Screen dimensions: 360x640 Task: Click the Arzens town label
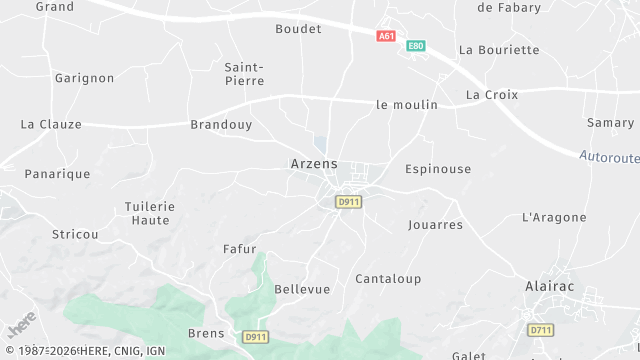click(x=313, y=163)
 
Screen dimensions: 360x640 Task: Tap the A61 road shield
click(x=386, y=36)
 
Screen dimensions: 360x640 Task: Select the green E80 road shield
click(x=415, y=46)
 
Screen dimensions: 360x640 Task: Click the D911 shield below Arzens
click(x=348, y=202)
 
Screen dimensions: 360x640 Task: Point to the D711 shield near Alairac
click(x=541, y=329)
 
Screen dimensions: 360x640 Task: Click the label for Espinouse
click(x=437, y=169)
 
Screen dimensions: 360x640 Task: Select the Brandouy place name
click(x=221, y=125)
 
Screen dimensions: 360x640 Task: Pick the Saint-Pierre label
click(x=244, y=73)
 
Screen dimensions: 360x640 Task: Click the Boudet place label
click(x=298, y=29)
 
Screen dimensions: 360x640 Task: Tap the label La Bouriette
click(x=498, y=50)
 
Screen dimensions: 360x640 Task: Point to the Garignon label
click(x=84, y=78)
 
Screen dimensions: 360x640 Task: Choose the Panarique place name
click(x=57, y=174)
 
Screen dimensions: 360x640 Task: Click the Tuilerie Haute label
click(x=149, y=213)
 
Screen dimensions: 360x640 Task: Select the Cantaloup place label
click(x=388, y=279)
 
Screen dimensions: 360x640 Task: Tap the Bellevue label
click(x=302, y=289)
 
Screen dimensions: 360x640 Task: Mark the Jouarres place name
click(x=435, y=225)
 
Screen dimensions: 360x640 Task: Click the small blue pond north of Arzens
click(x=320, y=144)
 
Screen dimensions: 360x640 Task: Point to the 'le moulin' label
click(x=407, y=104)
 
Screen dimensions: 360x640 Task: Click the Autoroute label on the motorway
click(x=608, y=157)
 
